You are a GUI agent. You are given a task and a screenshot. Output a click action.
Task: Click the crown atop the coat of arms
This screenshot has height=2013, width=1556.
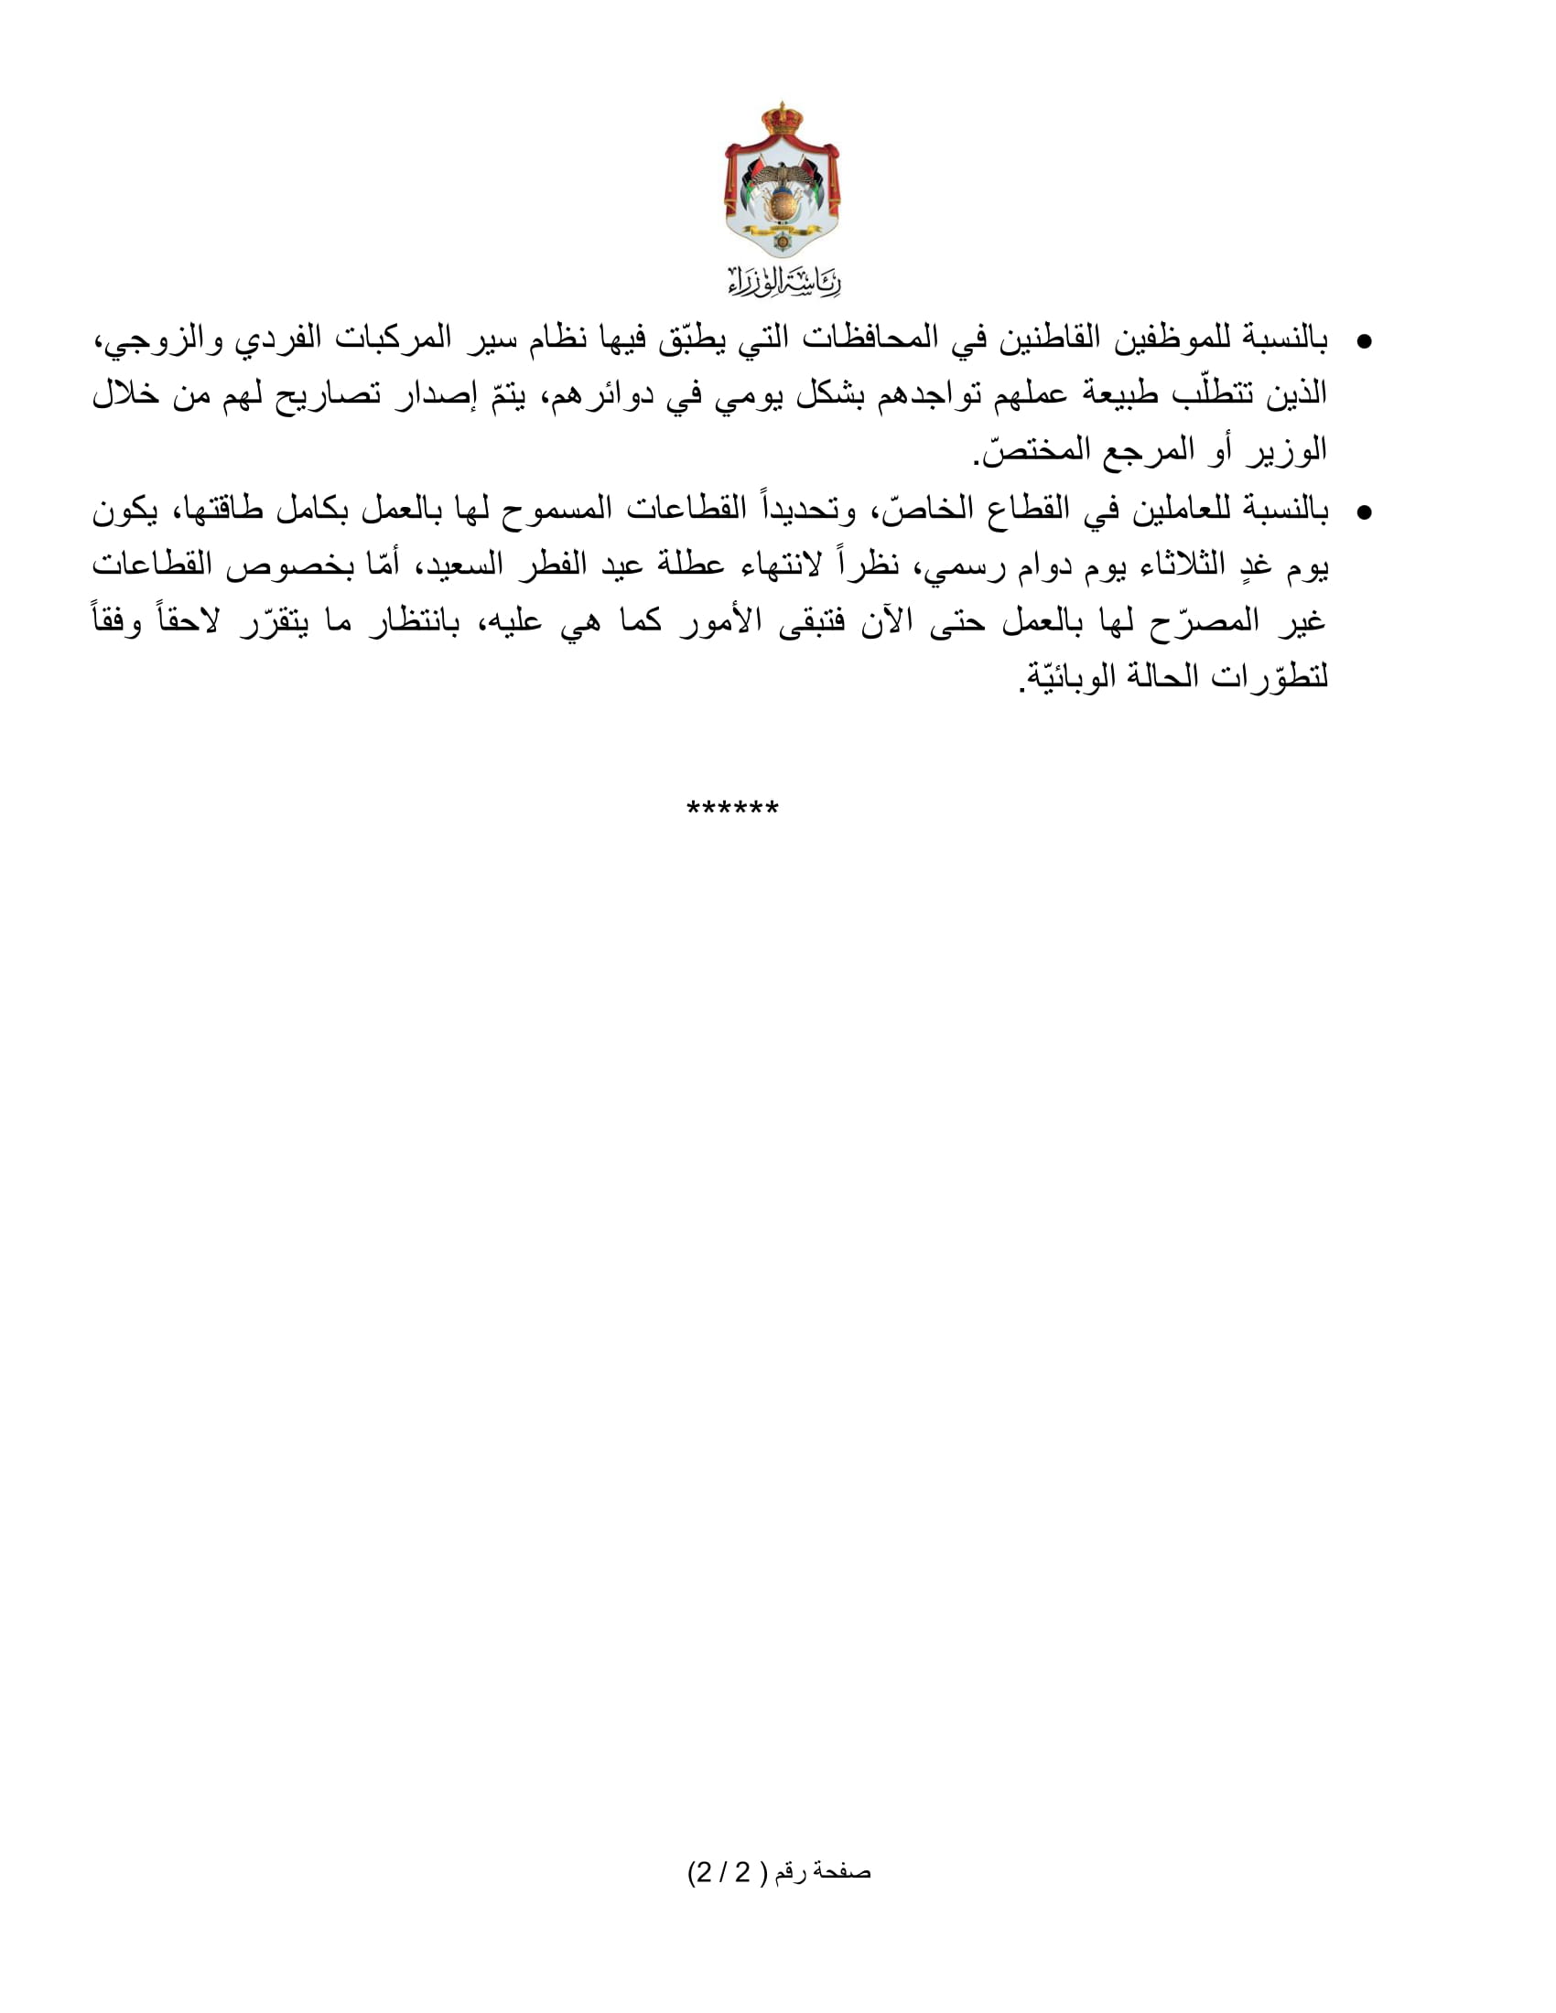(x=781, y=119)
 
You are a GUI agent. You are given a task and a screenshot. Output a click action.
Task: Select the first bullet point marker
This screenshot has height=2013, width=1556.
(x=1366, y=343)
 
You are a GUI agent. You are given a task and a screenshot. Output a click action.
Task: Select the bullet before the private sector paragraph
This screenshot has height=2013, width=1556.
(x=1366, y=512)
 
